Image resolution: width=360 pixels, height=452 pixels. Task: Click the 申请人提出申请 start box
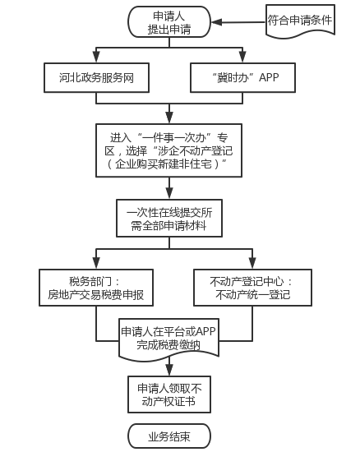[x=169, y=22]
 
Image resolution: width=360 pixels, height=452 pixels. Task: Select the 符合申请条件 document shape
[x=300, y=21]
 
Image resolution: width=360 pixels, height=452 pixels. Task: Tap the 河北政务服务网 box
[x=96, y=77]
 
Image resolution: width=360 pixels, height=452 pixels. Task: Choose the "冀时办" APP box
[x=242, y=77]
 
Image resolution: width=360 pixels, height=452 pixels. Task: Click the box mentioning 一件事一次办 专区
[x=168, y=150]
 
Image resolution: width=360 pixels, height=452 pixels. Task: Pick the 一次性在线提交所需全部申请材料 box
[x=169, y=219]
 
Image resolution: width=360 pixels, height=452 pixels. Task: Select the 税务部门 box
[x=96, y=288]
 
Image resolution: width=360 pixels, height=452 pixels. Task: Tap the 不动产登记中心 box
[x=252, y=288]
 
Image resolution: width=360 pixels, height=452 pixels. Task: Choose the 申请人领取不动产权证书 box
[x=169, y=394]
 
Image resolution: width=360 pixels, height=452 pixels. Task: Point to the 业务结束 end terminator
[x=169, y=436]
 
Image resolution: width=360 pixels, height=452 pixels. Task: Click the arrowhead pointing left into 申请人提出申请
[x=217, y=22]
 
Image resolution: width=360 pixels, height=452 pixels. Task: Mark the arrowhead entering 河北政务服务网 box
[x=96, y=57]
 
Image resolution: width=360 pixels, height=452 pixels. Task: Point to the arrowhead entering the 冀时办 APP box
[x=242, y=57]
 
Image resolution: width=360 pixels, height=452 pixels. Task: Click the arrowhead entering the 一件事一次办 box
[x=169, y=118]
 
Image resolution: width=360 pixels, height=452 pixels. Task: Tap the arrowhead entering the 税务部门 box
[x=96, y=263]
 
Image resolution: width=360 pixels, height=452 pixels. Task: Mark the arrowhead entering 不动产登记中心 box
[x=252, y=263]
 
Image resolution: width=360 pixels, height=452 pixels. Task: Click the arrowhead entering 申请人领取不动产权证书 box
[x=169, y=370]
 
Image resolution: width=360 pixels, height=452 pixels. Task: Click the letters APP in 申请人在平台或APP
[x=205, y=331]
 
